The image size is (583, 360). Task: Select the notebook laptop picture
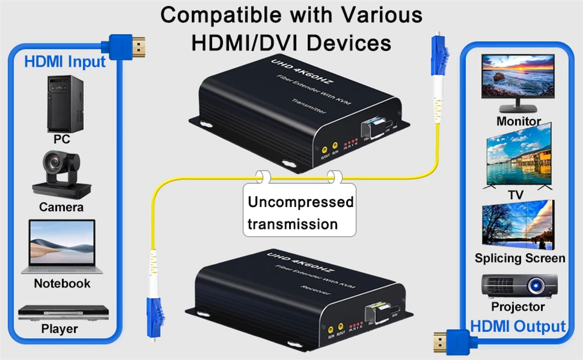coord(61,246)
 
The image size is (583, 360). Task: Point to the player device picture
coord(63,313)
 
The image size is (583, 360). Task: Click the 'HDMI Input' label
coord(65,61)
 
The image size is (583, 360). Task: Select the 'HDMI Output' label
coord(518,326)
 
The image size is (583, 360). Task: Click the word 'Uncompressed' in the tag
coord(301,202)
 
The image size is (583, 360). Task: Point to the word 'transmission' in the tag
coord(293,224)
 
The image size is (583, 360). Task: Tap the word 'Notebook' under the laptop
coord(62,284)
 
